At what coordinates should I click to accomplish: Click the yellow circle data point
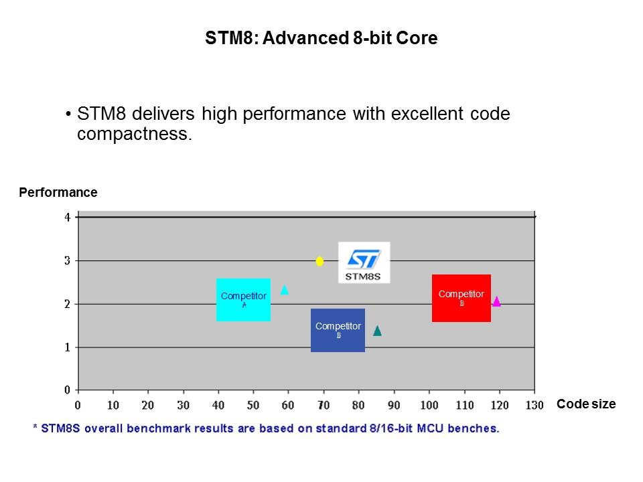coord(319,261)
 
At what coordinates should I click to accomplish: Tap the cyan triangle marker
coord(284,290)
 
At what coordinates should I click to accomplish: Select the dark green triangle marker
coord(377,331)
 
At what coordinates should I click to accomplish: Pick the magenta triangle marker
coord(496,301)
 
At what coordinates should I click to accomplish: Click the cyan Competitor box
coord(243,299)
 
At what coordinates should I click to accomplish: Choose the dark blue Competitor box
coord(338,330)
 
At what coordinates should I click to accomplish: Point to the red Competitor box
coord(461,298)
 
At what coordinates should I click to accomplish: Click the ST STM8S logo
coord(364,262)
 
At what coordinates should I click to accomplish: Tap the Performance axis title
coord(58,193)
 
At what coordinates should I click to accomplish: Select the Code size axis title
coord(585,404)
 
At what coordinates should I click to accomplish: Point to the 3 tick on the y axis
coord(67,260)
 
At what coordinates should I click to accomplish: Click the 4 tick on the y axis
coord(67,218)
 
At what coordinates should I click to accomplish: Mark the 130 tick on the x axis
coord(534,405)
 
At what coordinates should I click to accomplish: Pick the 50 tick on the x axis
coord(253,405)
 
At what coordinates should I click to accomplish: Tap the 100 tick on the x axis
coord(429,405)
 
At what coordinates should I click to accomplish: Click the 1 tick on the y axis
coord(67,347)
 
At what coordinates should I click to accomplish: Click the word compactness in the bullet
coord(133,134)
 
